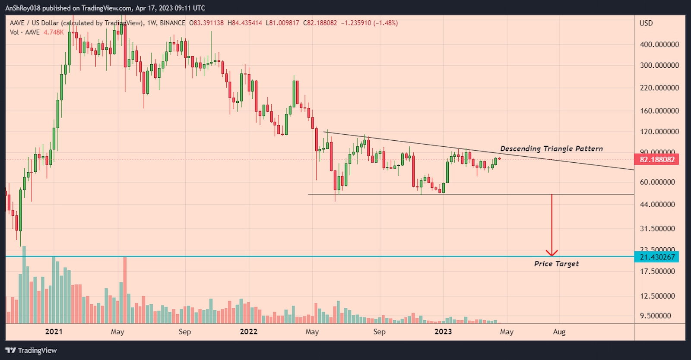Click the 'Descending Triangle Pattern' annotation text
pos(551,149)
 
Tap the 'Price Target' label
pos(556,264)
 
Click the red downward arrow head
pos(552,253)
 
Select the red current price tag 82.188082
pos(656,160)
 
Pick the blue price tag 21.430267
pos(656,257)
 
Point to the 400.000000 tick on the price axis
pos(659,44)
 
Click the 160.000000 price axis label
pos(659,111)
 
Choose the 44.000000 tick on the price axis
pos(657,205)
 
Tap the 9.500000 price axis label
pos(656,316)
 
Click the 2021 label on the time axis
pos(54,332)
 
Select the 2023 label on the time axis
pos(443,332)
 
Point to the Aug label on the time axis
pos(559,332)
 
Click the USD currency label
pos(646,23)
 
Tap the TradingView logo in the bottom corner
pos(31,351)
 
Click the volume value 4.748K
pos(54,32)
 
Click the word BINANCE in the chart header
pos(172,23)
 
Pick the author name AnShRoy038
pos(22,8)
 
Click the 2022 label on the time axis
pos(248,332)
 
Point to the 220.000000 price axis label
pos(659,88)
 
